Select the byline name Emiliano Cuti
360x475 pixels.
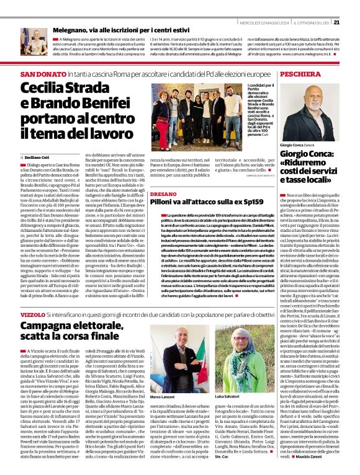38,156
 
